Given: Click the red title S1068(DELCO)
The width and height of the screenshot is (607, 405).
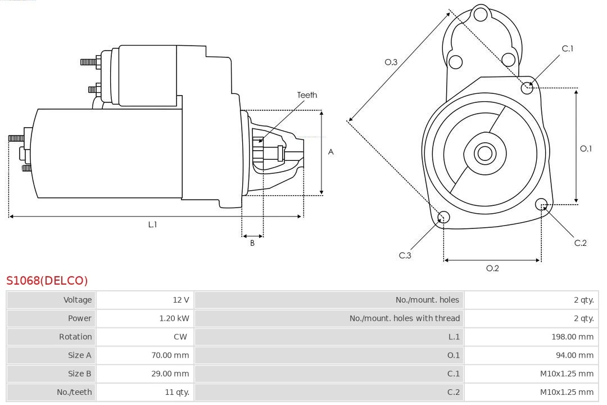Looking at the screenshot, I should (47, 280).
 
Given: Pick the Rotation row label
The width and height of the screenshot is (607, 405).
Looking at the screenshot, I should (75, 337).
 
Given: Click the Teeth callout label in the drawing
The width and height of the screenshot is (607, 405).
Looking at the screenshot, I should (307, 95).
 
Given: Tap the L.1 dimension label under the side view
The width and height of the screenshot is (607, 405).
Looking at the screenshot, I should (152, 224).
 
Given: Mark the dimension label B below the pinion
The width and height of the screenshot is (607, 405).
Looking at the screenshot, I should (252, 244).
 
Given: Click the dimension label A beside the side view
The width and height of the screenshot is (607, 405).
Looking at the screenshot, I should (330, 152).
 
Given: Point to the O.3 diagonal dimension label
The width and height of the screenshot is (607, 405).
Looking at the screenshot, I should (391, 62).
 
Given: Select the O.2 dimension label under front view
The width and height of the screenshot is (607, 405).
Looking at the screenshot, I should (492, 268).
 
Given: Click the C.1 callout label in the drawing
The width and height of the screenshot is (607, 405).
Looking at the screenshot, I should (568, 49).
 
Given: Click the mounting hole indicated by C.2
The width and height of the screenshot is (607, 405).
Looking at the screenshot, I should (541, 204).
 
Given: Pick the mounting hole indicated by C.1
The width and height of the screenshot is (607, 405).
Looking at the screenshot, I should (527, 87).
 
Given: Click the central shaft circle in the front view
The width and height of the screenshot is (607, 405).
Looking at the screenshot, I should (484, 153).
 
